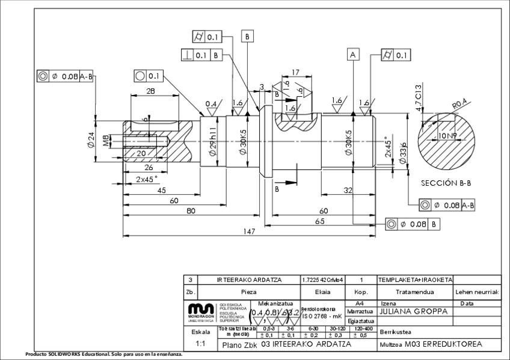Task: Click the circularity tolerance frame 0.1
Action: point(148,76)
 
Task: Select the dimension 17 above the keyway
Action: point(295,73)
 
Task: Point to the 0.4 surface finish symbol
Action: point(211,103)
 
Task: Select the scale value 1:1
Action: point(200,344)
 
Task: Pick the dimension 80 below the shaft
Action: point(191,211)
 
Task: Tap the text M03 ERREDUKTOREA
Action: point(442,344)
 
